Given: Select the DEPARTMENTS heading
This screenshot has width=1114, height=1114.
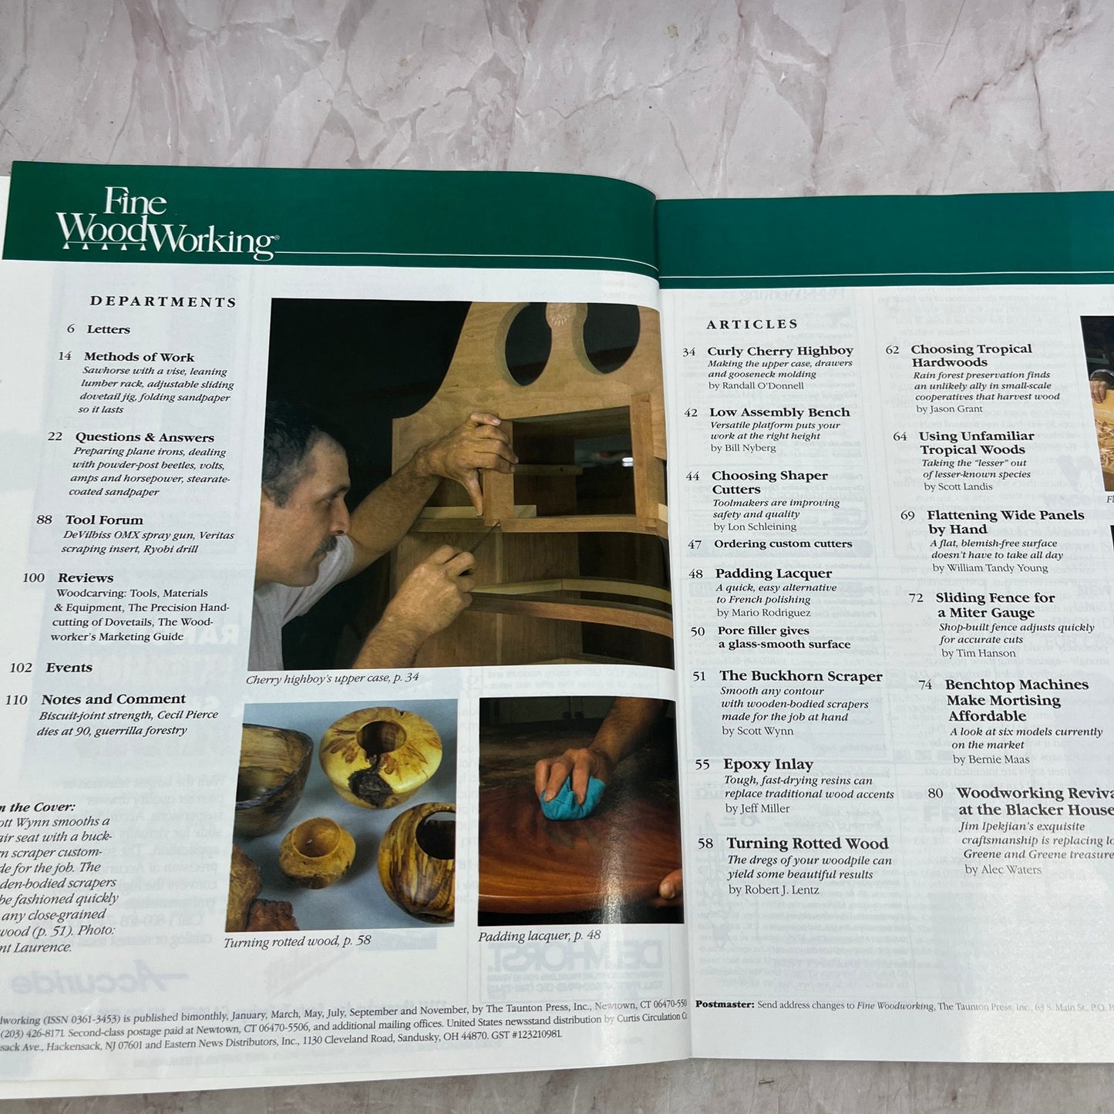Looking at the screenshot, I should coord(163,301).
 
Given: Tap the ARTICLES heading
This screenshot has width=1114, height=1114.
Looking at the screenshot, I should coord(752,325).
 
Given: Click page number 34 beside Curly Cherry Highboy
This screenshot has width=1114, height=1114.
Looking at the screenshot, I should coord(688,352).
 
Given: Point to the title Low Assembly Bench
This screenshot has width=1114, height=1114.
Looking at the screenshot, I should coord(779,412).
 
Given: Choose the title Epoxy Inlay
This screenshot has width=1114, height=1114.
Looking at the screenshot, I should coord(768,764).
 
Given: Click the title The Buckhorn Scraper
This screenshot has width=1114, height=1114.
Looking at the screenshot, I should coord(800,676).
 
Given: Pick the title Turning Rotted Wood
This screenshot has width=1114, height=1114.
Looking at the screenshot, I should coord(807,843).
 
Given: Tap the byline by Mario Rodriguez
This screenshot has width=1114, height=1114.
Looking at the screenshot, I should coord(763,613).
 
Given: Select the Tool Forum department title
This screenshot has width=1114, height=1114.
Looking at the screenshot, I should coord(104,520).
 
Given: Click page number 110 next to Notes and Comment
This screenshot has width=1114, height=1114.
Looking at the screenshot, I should coord(16,700).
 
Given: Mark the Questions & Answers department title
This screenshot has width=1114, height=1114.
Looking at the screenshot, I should coord(144,437).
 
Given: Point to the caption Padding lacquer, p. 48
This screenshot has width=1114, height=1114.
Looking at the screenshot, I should coord(539,936).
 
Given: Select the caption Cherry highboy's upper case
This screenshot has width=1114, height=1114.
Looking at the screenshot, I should coord(332,678).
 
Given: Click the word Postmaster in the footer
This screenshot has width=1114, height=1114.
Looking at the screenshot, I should coord(724,1005).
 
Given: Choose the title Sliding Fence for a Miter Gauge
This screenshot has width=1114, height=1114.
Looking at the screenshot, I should coord(995,605).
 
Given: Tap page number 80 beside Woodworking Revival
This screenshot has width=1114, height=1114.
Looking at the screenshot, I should coord(935,793).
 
